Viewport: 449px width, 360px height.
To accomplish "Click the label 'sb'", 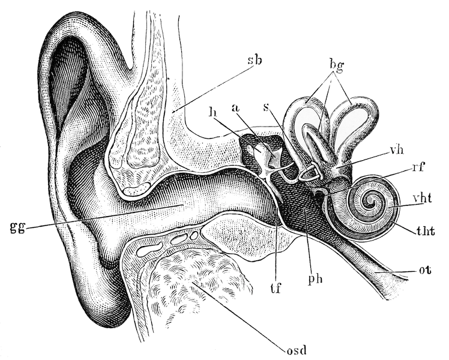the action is pos(255,61).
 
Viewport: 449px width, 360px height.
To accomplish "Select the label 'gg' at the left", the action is pos(17,228).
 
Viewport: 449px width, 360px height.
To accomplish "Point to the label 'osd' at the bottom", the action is pos(297,349).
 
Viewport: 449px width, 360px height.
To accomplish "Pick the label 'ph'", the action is pos(316,278).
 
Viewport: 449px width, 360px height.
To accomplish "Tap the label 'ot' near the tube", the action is pos(426,270).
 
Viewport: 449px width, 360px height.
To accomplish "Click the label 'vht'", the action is pos(423,199).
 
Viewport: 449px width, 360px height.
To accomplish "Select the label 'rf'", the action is pos(417,167).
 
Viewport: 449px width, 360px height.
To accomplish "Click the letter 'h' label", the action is pos(212,112).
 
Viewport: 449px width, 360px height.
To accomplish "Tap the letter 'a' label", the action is pos(237,110).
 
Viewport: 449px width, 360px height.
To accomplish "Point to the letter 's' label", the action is pos(267,108).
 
